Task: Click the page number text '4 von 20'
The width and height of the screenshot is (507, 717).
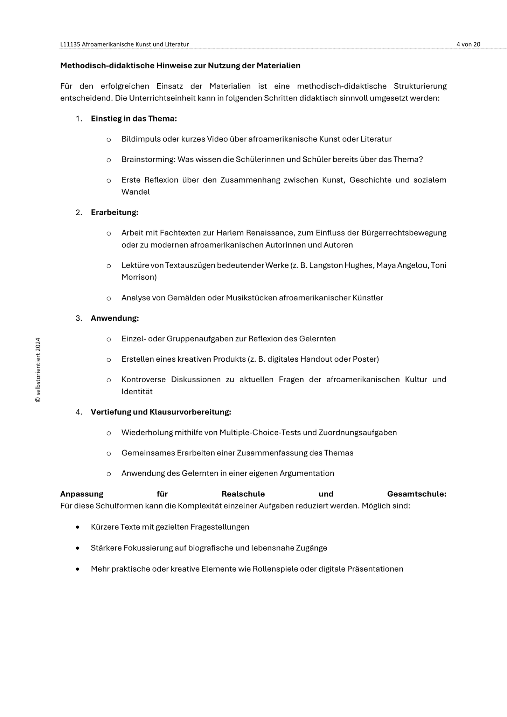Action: point(468,44)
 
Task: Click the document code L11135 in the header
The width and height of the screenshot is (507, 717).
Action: point(70,44)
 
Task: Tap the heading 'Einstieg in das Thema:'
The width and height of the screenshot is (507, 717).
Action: point(134,119)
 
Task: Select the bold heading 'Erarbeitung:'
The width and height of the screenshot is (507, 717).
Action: point(114,213)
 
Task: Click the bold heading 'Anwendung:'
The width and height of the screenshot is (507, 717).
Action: point(115,318)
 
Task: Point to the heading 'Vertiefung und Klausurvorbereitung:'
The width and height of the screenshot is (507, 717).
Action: point(161,412)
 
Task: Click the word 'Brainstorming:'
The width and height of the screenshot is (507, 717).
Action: point(148,160)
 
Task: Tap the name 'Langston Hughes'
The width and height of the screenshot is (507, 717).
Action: point(341,265)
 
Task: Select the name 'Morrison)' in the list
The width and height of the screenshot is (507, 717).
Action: point(139,277)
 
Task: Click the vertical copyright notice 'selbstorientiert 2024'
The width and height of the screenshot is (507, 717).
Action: point(38,370)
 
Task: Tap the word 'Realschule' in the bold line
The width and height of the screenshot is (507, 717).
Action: point(243,494)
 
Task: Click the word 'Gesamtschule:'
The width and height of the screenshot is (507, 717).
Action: point(417,494)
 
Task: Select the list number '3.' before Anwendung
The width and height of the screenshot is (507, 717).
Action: point(79,318)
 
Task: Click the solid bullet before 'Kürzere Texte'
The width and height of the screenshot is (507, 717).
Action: point(77,527)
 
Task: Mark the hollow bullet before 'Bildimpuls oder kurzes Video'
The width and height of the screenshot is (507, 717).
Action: point(109,140)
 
